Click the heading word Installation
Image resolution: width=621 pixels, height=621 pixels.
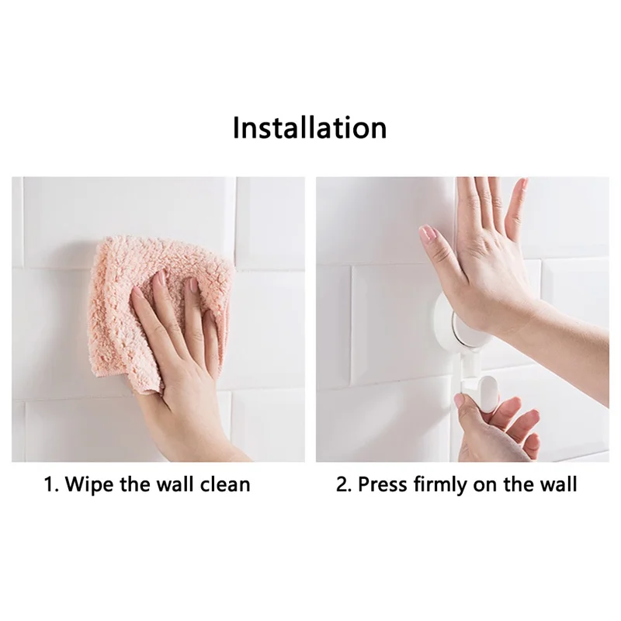310,127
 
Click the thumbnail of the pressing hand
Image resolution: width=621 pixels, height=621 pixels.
426,232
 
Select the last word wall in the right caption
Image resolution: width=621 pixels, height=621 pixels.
558,485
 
